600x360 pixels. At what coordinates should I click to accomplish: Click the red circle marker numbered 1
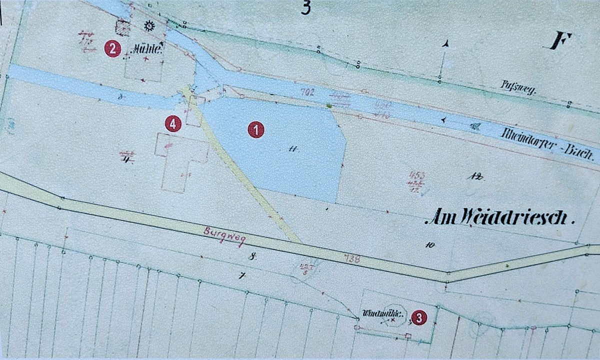(x=256, y=130)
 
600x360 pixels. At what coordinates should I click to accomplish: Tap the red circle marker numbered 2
(x=112, y=49)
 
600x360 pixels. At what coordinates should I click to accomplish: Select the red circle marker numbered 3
(x=418, y=317)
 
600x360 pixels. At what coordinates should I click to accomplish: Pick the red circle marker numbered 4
(x=172, y=124)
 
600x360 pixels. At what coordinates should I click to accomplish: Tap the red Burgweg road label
(x=225, y=236)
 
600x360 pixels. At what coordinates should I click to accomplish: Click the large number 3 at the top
(x=305, y=7)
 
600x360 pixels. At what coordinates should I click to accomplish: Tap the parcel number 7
(x=243, y=275)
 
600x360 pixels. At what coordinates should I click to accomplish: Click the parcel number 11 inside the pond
(x=292, y=148)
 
